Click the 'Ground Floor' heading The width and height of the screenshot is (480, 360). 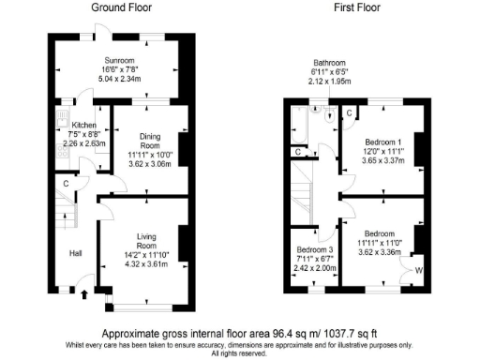click(x=121, y=7)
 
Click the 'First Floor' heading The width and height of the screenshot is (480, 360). click(x=357, y=7)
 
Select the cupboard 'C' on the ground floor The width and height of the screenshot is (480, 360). click(x=66, y=183)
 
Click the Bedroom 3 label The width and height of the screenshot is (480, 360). click(x=314, y=250)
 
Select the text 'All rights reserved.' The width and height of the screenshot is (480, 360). click(x=240, y=353)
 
